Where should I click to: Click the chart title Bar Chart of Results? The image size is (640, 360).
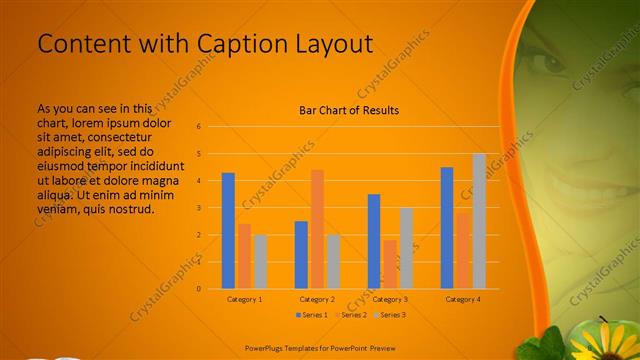(349, 110)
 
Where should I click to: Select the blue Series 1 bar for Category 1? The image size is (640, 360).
(228, 231)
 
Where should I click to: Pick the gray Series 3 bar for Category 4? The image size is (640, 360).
(479, 221)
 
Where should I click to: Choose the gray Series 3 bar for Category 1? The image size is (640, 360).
(260, 261)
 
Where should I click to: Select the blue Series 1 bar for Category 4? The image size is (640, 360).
(447, 228)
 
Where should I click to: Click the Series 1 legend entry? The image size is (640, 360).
(311, 315)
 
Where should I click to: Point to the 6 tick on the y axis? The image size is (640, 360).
(199, 127)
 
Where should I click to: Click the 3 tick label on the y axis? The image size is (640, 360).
(199, 208)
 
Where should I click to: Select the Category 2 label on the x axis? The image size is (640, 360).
(317, 299)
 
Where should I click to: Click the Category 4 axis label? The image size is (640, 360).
(463, 299)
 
